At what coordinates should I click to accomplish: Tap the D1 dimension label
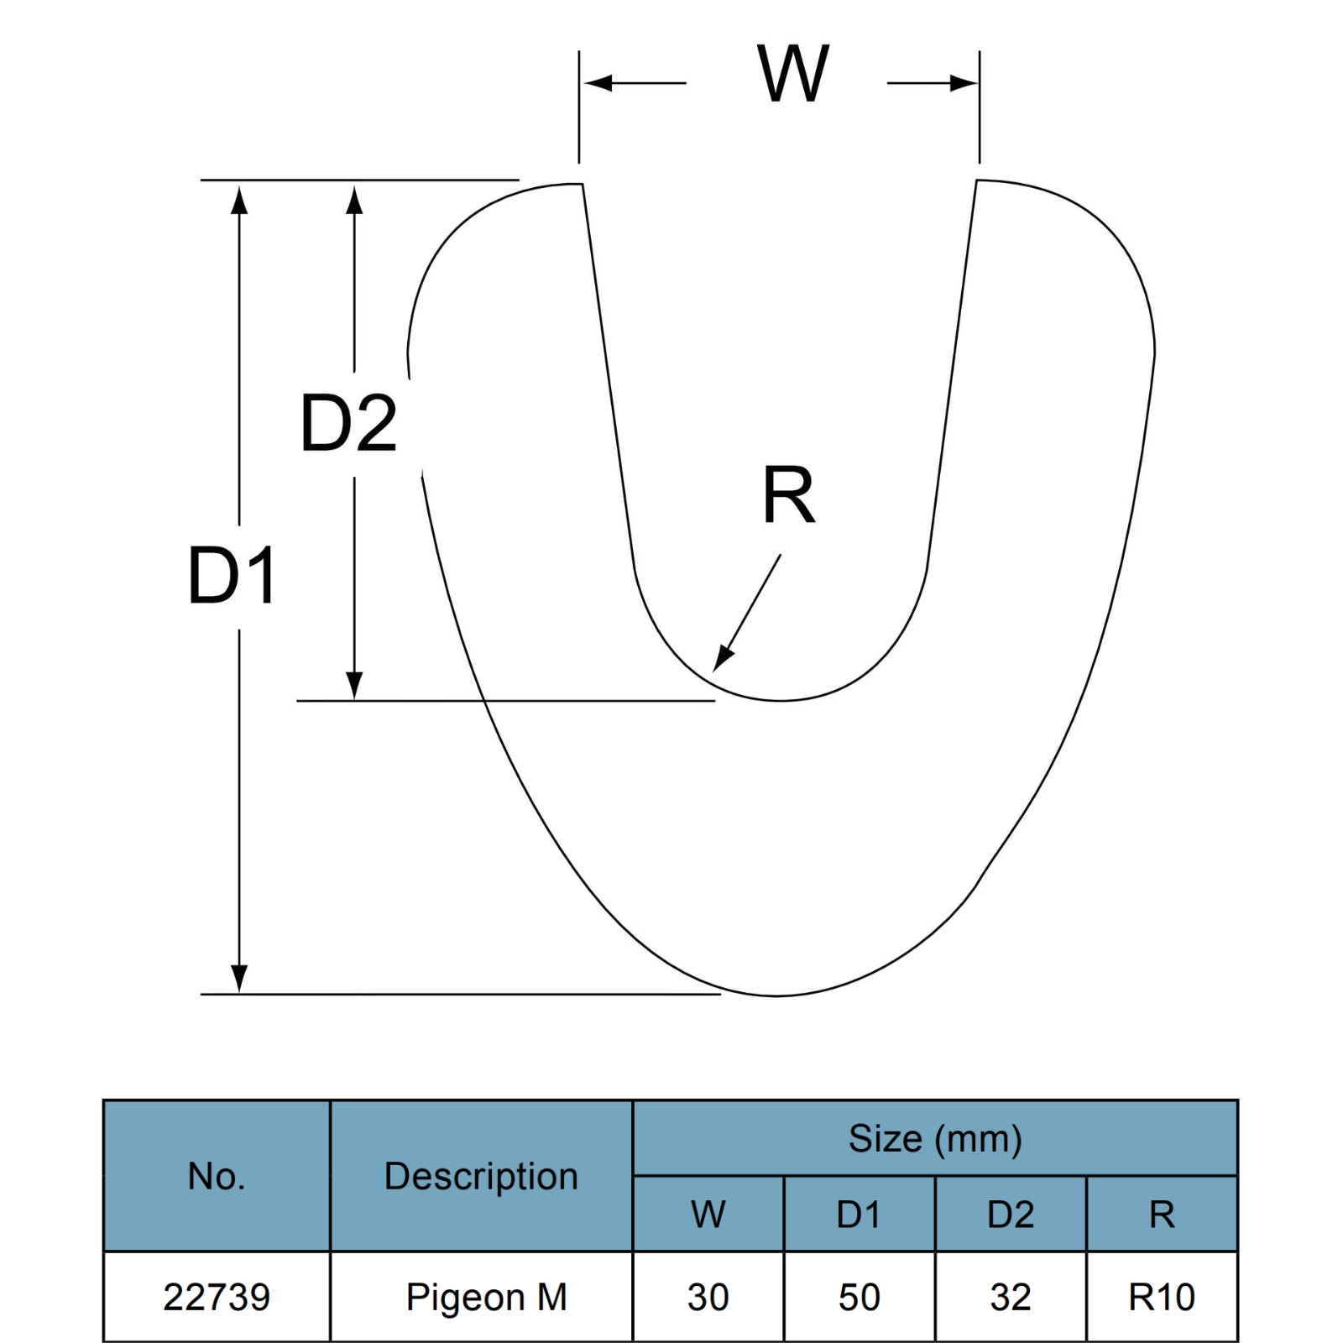pyautogui.click(x=233, y=576)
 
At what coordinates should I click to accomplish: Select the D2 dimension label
pyautogui.click(x=348, y=423)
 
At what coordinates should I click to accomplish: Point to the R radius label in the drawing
pyautogui.click(x=789, y=495)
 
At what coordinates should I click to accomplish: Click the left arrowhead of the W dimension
pyautogui.click(x=598, y=83)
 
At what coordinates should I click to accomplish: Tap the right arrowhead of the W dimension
pyautogui.click(x=964, y=83)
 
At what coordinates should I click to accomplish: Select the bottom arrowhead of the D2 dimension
pyautogui.click(x=354, y=686)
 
